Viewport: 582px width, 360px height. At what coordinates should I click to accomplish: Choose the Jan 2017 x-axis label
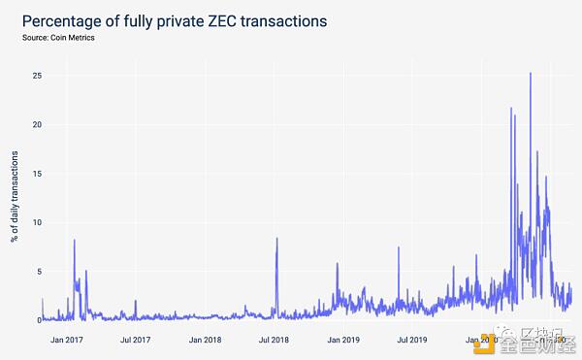click(69, 340)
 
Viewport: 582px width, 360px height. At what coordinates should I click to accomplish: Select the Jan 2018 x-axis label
click(207, 340)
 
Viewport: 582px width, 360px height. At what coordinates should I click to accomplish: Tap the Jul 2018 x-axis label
click(275, 340)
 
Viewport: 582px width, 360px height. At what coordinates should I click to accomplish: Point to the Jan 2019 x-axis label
click(344, 340)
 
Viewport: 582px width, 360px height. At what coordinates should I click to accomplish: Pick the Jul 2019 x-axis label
click(413, 340)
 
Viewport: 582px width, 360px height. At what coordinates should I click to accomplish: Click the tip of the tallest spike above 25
click(530, 73)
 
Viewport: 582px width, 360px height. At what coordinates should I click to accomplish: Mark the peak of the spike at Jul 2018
click(276, 239)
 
